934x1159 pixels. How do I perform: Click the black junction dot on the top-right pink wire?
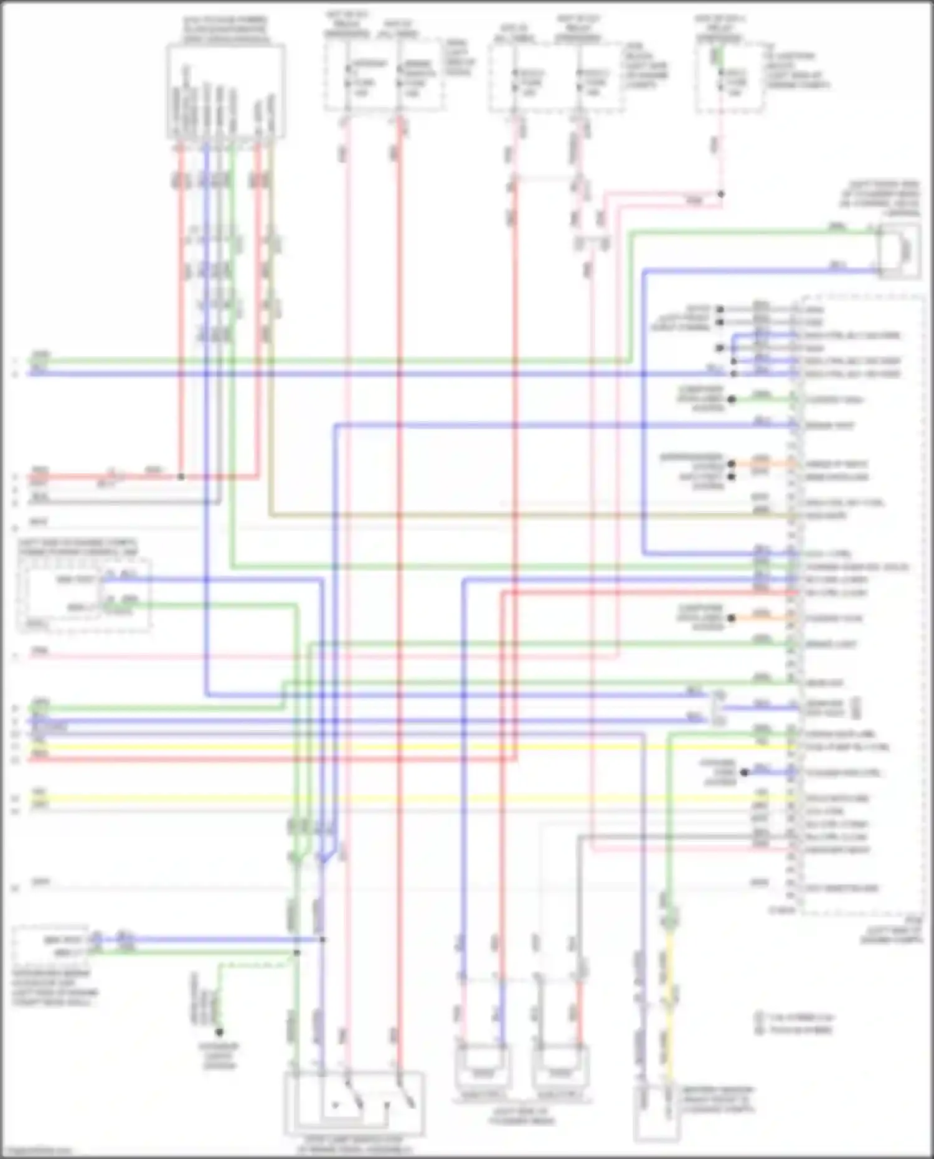(x=720, y=194)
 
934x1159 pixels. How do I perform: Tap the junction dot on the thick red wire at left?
(x=181, y=477)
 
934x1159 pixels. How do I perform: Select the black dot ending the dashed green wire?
(x=219, y=1032)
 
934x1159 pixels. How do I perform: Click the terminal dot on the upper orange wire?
(x=732, y=464)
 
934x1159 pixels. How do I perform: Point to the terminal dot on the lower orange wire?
(x=732, y=618)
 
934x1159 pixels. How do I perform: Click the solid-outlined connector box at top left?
(x=225, y=91)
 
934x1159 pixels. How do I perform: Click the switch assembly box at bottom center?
(x=354, y=1104)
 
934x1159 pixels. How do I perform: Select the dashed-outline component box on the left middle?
(x=84, y=595)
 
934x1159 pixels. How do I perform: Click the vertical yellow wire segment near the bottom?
(x=669, y=996)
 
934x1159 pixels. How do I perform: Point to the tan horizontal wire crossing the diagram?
(x=498, y=516)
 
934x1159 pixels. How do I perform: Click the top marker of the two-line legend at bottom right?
(x=759, y=1017)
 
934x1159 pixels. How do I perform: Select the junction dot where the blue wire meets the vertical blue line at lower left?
(x=323, y=939)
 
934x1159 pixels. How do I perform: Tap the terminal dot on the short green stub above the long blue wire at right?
(x=732, y=399)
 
